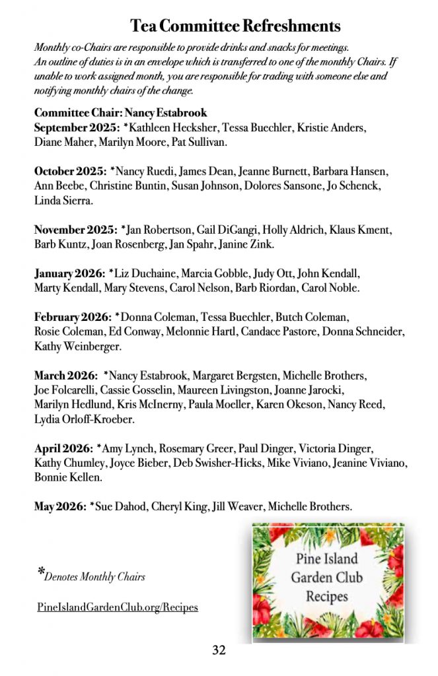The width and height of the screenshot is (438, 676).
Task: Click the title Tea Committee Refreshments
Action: pos(235,26)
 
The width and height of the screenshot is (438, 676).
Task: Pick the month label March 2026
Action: pos(65,376)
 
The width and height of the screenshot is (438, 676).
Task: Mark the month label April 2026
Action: pos(63,448)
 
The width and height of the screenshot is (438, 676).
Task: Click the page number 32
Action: pos(219,650)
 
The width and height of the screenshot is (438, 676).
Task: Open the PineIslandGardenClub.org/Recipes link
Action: pos(118,607)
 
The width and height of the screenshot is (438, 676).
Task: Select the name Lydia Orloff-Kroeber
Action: pos(84,419)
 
